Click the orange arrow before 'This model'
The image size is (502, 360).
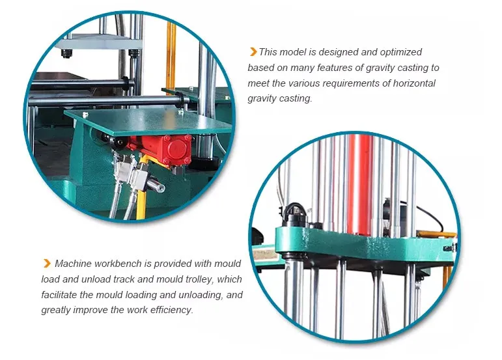253,51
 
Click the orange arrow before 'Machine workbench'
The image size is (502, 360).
47,264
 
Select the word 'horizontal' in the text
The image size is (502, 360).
414,83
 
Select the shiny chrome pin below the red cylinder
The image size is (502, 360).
156,185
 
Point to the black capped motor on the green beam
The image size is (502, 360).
293,215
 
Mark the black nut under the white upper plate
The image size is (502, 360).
66,53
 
